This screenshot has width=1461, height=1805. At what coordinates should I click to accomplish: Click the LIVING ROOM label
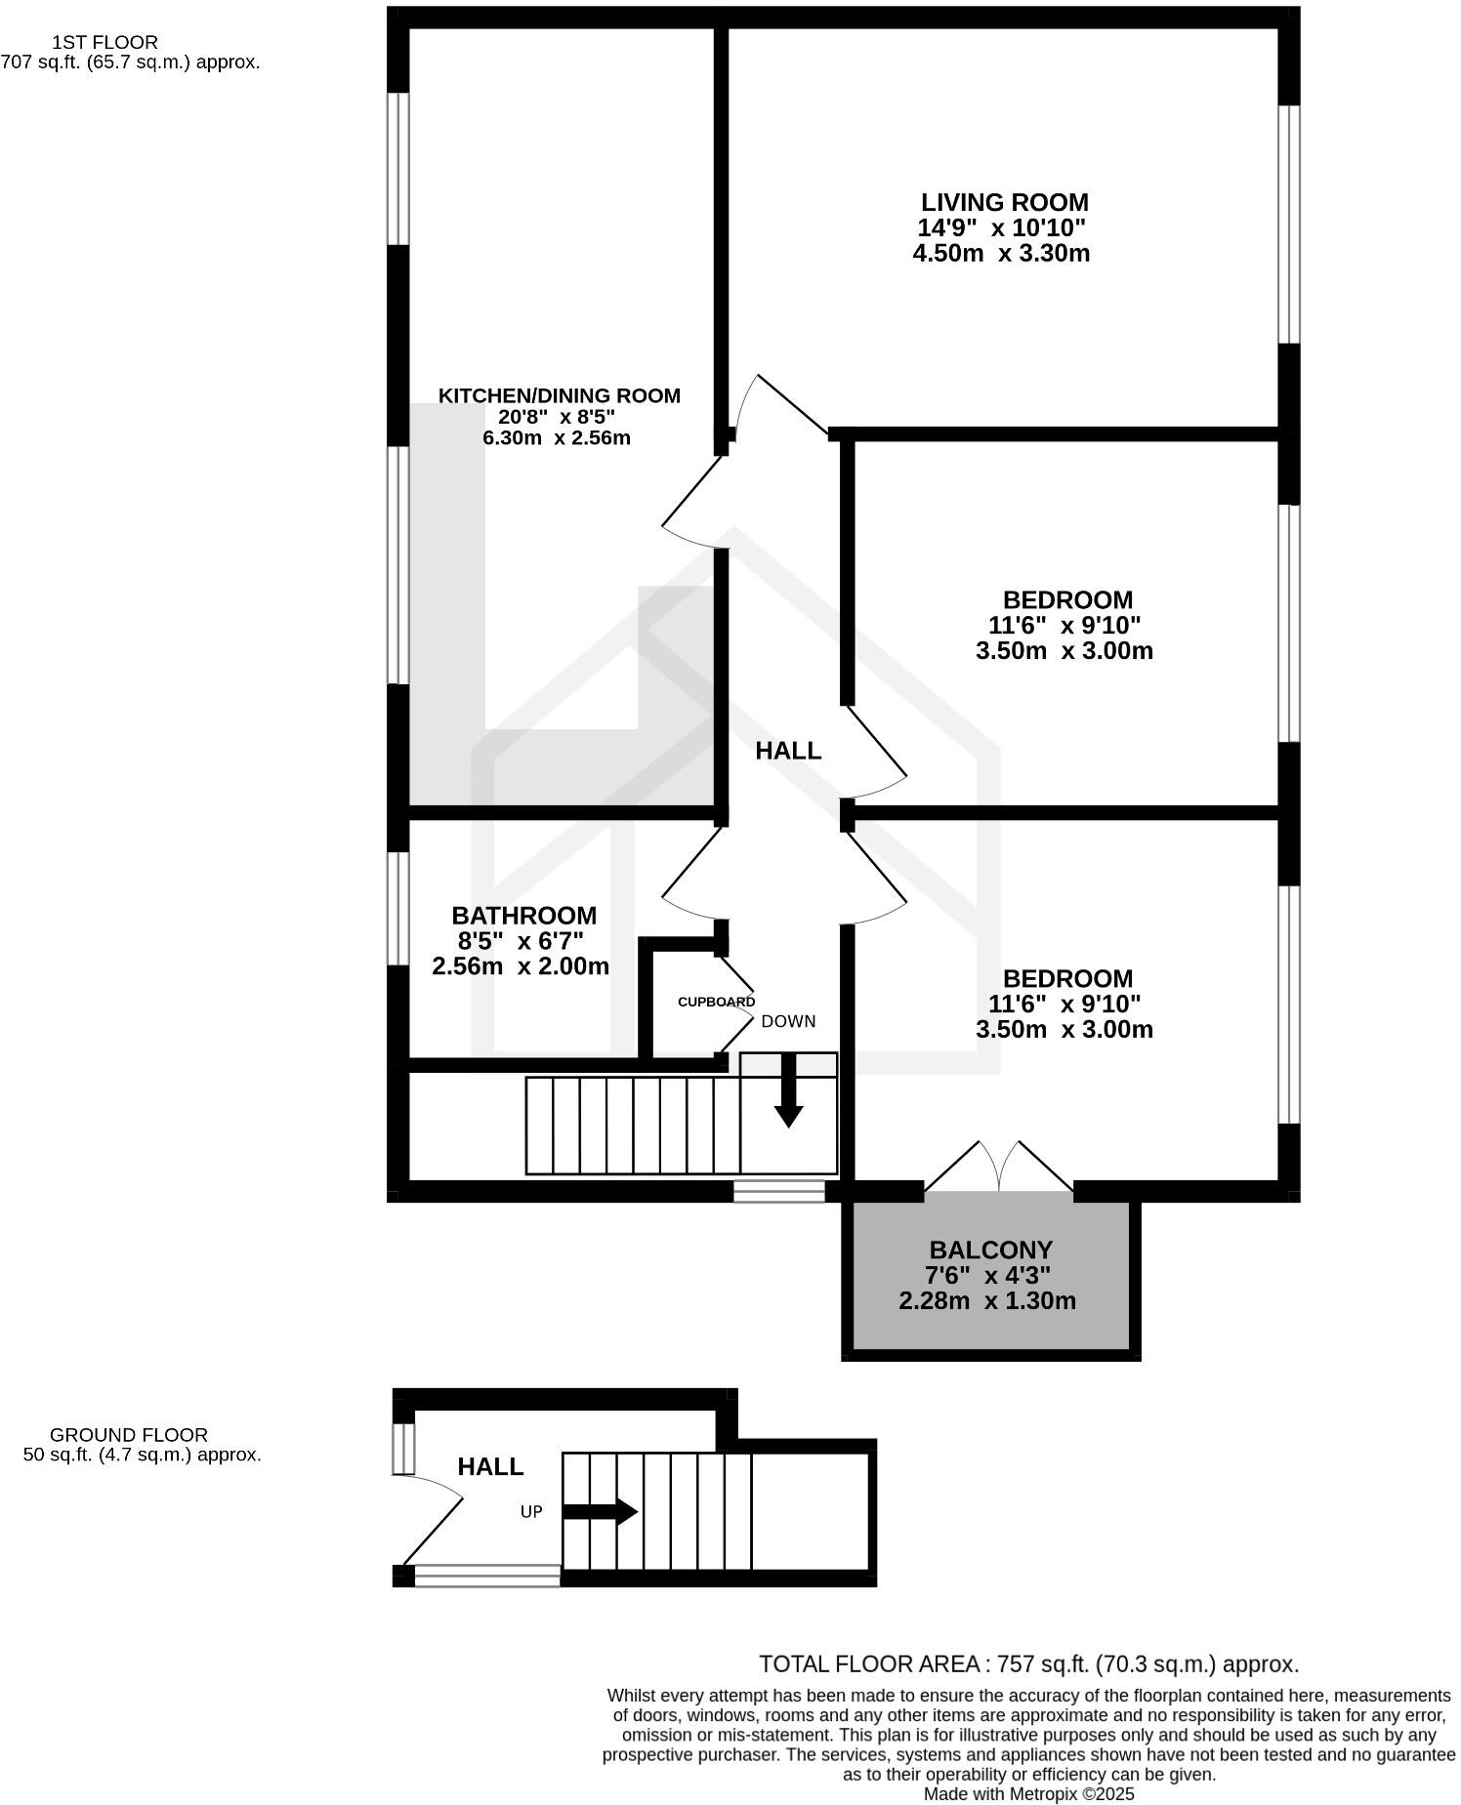tap(1004, 203)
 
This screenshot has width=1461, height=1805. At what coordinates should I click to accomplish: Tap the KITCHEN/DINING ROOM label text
tap(559, 395)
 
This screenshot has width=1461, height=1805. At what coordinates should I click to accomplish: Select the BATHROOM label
tap(523, 916)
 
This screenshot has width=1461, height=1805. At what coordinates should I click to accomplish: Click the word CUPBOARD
tap(716, 1002)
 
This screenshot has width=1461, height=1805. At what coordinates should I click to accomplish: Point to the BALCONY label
tap(990, 1250)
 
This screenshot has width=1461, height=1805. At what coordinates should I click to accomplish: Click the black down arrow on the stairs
tap(788, 1092)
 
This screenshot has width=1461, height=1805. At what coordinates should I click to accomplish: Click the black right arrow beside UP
tap(600, 1512)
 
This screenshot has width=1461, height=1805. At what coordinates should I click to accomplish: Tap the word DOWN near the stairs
tap(788, 1021)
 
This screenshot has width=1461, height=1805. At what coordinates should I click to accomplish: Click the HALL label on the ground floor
tap(490, 1466)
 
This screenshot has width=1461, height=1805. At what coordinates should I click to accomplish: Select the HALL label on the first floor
tap(788, 751)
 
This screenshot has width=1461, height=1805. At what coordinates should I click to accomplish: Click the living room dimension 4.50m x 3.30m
tap(1000, 254)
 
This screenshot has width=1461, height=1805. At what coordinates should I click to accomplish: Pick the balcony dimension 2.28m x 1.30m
tap(986, 1301)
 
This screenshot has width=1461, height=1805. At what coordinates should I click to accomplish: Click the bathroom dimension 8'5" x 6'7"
tap(521, 941)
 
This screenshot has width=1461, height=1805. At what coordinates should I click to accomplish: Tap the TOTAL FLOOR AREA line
tap(1028, 1664)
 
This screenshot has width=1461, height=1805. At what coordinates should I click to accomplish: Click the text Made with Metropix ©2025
tap(1028, 1794)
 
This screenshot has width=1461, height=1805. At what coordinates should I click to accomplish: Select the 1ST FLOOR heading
tap(104, 42)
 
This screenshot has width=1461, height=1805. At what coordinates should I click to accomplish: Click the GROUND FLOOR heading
tap(128, 1435)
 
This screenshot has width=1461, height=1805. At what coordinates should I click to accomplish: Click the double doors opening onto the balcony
tap(998, 1168)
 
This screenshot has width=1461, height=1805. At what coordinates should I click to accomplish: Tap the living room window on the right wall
tap(1289, 225)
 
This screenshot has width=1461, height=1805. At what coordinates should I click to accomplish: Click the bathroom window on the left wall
tap(397, 908)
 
